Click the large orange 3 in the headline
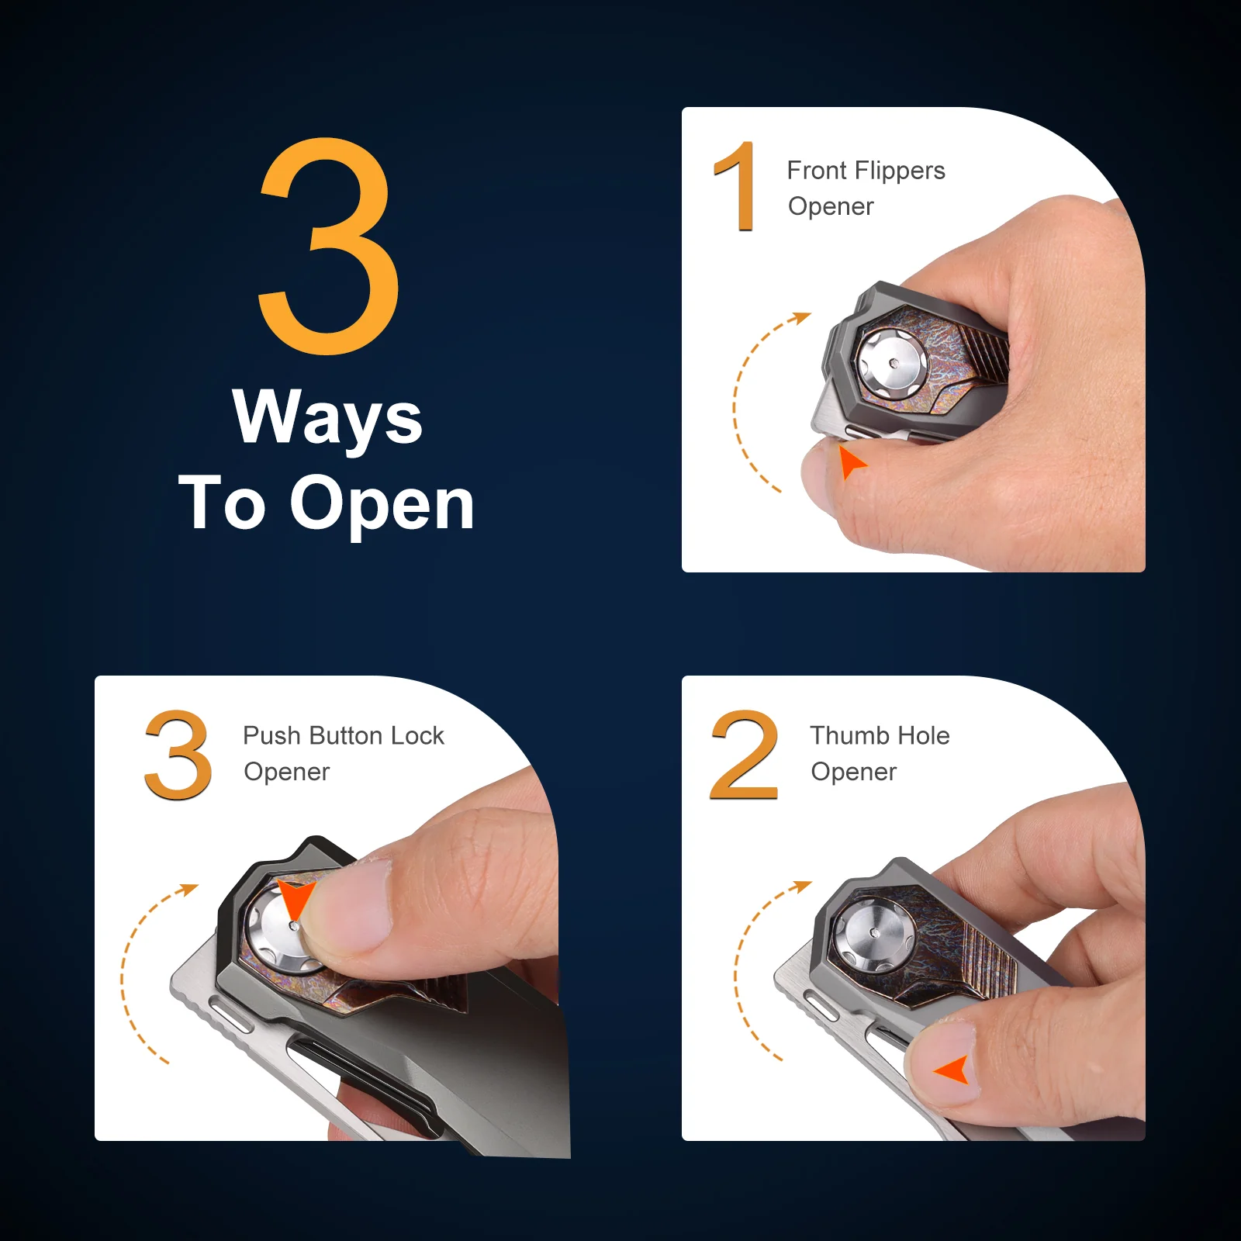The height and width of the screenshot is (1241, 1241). click(x=329, y=247)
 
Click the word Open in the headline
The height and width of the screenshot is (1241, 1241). click(x=382, y=504)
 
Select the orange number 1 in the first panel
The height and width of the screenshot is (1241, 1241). click(x=735, y=186)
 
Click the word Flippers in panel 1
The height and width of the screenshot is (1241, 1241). click(x=900, y=171)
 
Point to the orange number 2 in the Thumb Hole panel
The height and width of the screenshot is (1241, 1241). click(x=744, y=755)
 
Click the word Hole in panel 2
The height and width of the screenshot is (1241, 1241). click(x=923, y=735)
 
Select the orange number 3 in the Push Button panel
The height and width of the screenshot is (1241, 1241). click(x=178, y=755)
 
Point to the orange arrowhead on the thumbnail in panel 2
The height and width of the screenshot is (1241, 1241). click(x=954, y=1070)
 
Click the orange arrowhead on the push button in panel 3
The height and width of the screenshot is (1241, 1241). click(x=295, y=898)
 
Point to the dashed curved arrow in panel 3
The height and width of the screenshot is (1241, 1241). click(x=123, y=973)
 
